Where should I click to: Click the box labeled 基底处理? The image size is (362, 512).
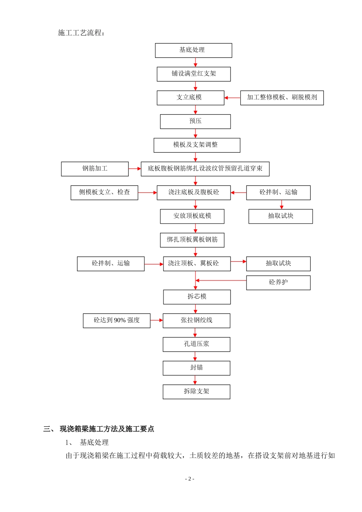(x=193, y=50)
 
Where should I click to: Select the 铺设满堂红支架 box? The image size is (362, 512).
(x=194, y=74)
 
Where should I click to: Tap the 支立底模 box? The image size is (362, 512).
(x=190, y=98)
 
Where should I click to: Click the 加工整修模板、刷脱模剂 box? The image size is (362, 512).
(x=282, y=98)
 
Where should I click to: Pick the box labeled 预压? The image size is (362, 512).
(x=195, y=122)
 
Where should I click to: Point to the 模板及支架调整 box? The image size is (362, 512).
(x=197, y=145)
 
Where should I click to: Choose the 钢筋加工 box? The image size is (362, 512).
(x=95, y=169)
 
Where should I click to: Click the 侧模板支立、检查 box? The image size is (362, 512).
(x=104, y=192)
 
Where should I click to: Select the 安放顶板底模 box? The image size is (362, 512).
(x=192, y=216)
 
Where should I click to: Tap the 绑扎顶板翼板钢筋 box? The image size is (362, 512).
(x=192, y=240)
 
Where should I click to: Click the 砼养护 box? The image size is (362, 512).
(x=278, y=283)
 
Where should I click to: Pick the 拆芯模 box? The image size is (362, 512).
(x=197, y=297)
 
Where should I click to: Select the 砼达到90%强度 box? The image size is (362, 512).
(x=117, y=320)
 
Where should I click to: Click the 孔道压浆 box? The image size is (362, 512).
(x=196, y=344)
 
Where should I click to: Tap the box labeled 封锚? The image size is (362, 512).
(x=196, y=368)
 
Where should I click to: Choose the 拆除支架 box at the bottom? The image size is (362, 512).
(x=196, y=392)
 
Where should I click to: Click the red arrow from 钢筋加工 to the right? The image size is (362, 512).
(x=135, y=169)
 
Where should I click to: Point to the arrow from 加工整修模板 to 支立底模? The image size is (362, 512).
(x=232, y=98)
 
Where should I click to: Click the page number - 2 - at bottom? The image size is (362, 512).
(x=189, y=479)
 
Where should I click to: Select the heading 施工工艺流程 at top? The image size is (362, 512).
(x=81, y=33)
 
